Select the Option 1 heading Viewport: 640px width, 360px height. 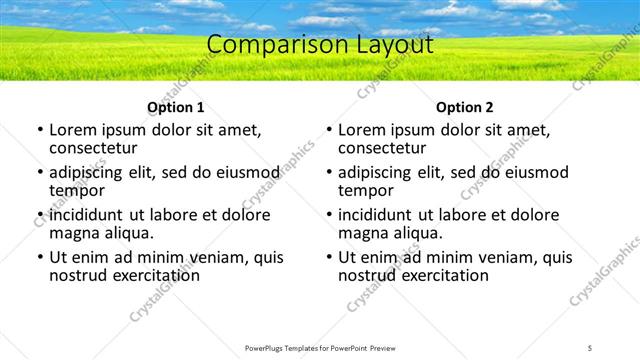(175, 107)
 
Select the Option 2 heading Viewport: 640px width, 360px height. (465, 107)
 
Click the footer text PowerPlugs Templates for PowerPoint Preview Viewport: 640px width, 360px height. (320, 347)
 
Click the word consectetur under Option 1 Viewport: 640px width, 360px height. (98, 149)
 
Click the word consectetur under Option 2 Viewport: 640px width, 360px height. (387, 149)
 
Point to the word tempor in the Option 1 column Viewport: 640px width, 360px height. (76, 191)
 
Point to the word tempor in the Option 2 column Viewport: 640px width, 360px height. (365, 191)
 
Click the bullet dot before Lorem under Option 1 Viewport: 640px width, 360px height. (40, 131)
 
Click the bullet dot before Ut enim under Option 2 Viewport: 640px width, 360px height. (329, 257)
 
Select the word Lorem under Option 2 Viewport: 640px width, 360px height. (363, 130)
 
